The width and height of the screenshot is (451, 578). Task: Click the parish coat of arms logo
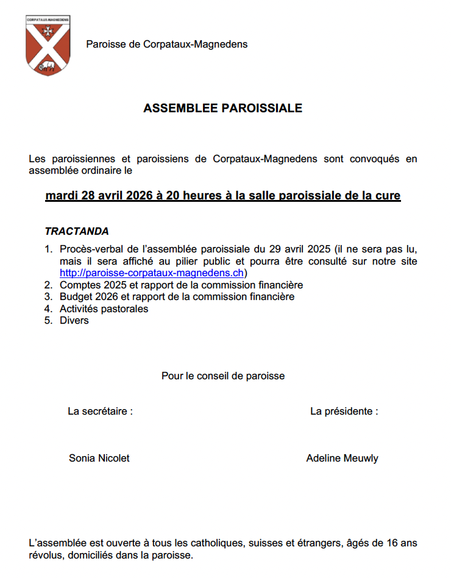tap(48, 45)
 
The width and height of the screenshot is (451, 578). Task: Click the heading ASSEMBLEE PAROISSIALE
tap(222, 109)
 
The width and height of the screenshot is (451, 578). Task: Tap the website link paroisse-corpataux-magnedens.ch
tap(152, 273)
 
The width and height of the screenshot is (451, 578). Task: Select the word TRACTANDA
tap(77, 232)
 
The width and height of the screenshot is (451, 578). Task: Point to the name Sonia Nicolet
tap(99, 458)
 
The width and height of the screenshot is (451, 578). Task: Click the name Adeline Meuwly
tap(342, 458)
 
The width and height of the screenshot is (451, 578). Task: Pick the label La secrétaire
tap(100, 412)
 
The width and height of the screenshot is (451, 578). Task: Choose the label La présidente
tap(344, 412)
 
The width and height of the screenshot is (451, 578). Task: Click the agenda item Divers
tap(74, 321)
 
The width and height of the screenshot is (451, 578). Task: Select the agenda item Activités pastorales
tap(104, 309)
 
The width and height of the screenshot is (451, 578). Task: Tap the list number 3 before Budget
tap(48, 297)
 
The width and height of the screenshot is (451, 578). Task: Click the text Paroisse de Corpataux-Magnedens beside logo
tap(166, 44)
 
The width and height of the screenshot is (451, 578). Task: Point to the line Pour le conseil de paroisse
tap(223, 376)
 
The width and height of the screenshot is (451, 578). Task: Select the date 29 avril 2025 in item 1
tap(292, 249)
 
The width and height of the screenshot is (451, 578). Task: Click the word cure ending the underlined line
tap(388, 196)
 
